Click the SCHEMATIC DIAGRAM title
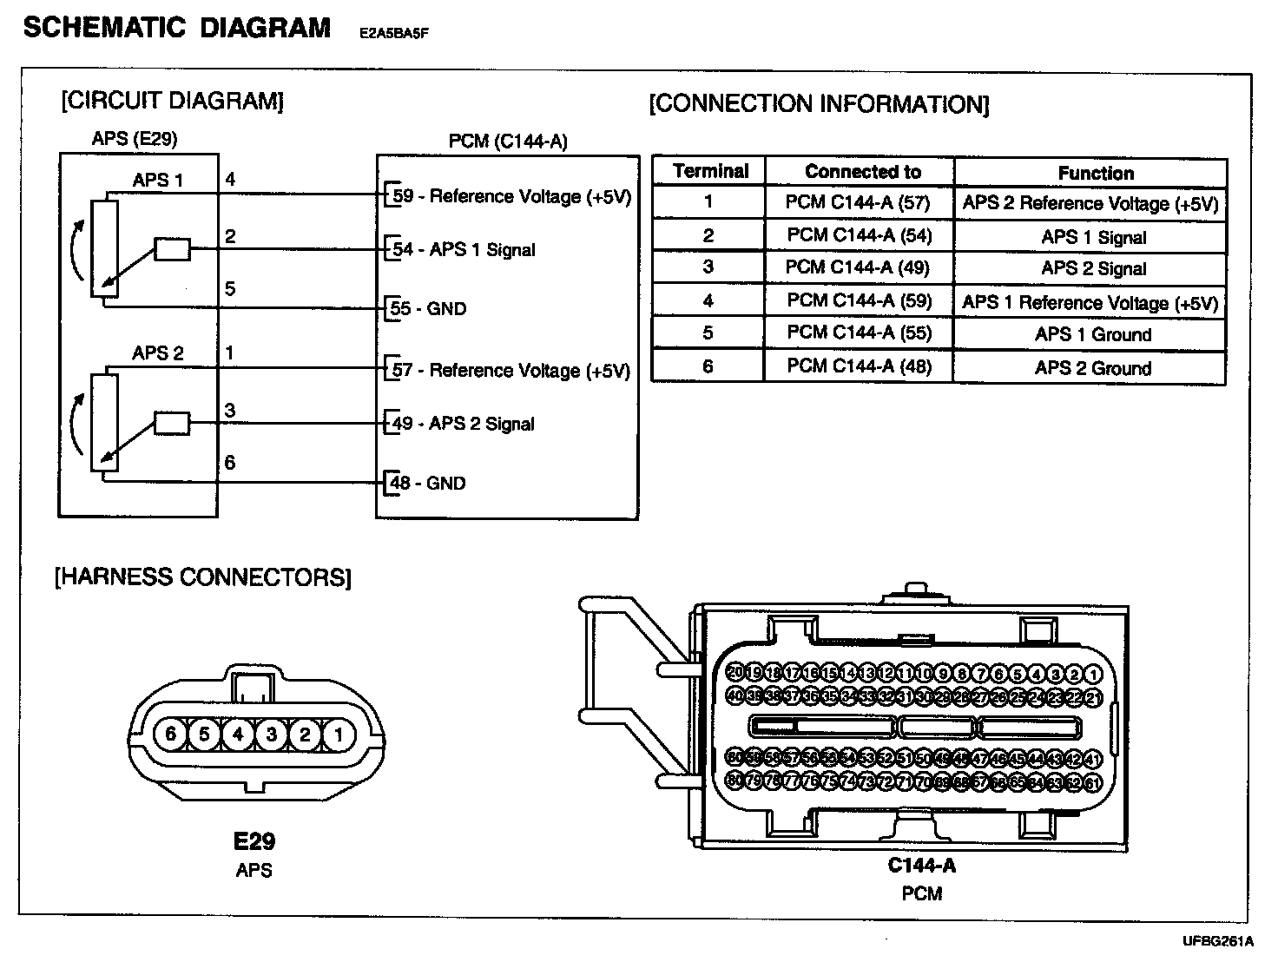click(177, 28)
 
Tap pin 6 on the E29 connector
click(170, 735)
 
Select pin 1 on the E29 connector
click(338, 735)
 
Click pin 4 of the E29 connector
click(237, 735)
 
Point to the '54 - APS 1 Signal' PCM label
click(464, 250)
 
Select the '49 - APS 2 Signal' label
click(464, 424)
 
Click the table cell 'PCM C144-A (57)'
click(858, 203)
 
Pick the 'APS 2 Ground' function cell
click(1092, 368)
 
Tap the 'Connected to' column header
click(862, 172)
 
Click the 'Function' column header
click(1096, 173)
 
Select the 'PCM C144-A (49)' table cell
click(858, 268)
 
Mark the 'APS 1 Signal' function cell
click(1093, 237)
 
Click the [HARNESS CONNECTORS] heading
click(203, 577)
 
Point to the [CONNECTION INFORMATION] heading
click(819, 105)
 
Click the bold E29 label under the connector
click(254, 840)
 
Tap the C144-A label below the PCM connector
click(921, 865)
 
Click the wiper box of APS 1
click(172, 249)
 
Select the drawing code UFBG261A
click(1217, 941)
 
